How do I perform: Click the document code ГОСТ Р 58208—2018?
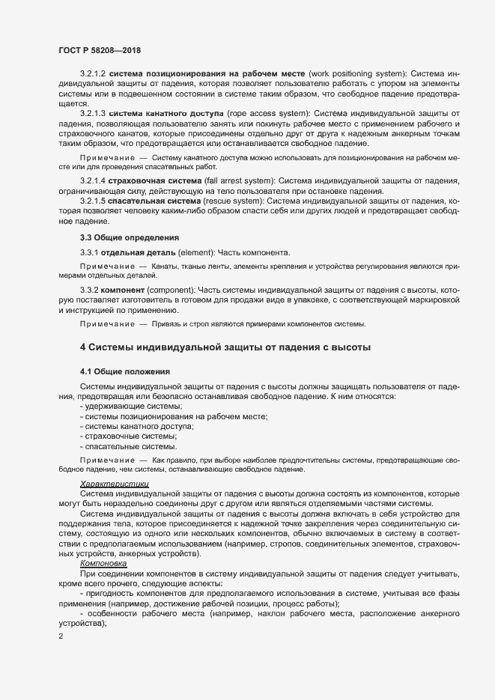pos(100,50)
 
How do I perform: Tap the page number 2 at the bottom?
pos(61,637)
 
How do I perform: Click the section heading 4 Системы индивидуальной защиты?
pos(225,347)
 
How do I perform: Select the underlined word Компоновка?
pos(104,563)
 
